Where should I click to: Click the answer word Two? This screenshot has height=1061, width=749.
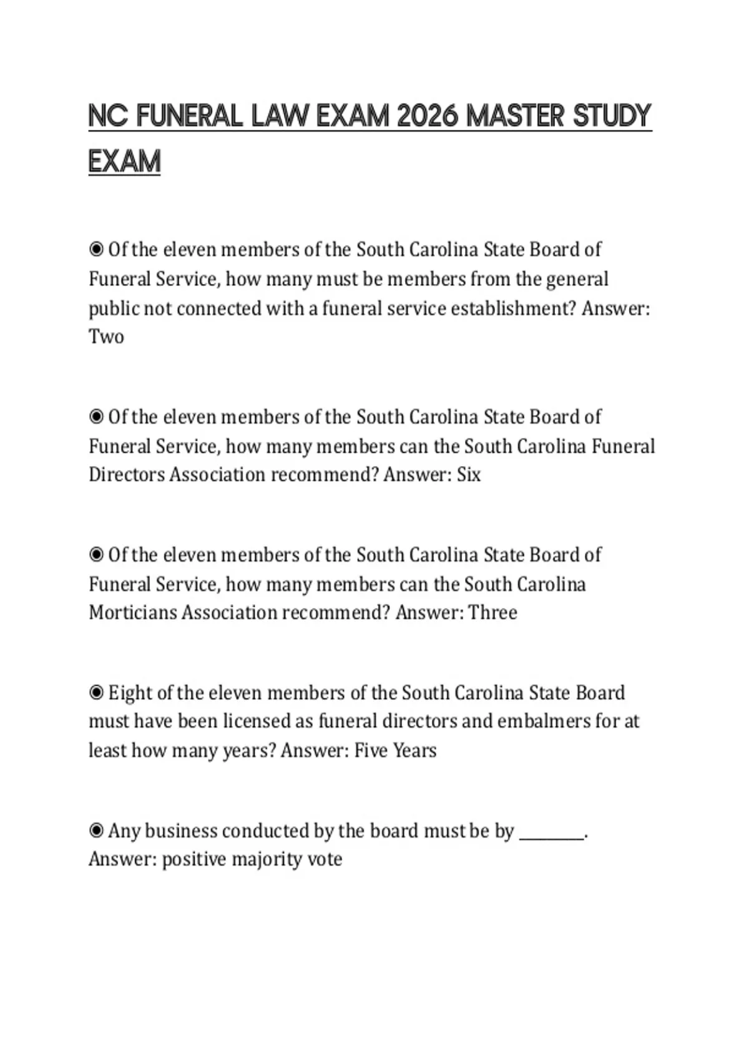coord(106,337)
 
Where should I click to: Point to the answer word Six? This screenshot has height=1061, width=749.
coord(469,475)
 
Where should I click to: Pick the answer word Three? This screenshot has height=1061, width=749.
coord(492,612)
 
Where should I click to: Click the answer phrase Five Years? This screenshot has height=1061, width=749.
coord(396,750)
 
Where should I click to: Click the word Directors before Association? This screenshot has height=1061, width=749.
coord(127,475)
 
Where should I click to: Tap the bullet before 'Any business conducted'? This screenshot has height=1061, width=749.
coord(96,831)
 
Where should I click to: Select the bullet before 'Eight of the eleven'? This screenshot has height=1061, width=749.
coord(96,693)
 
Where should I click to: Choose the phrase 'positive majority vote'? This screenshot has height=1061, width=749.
coord(252,859)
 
